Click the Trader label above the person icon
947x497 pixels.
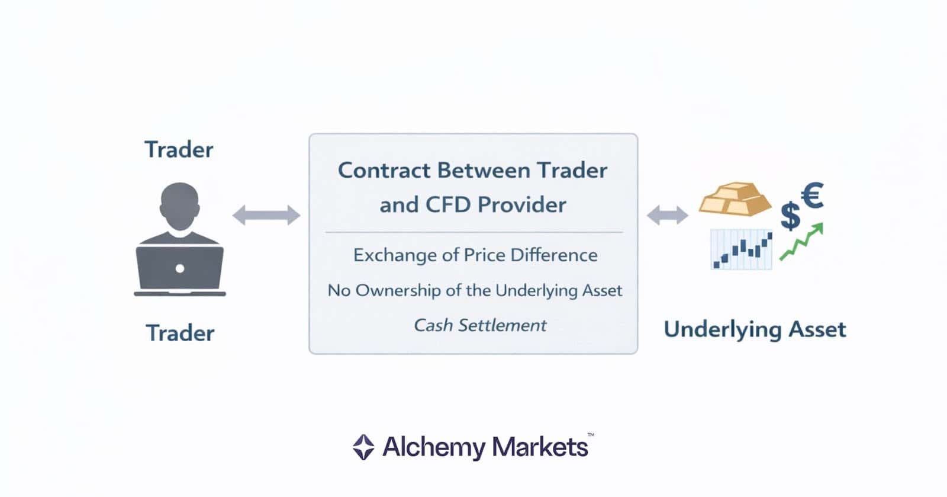click(x=179, y=150)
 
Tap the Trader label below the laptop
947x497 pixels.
click(x=180, y=333)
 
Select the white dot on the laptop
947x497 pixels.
click(x=180, y=268)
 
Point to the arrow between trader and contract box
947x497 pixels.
click(x=266, y=215)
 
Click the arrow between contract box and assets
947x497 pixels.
click(x=667, y=215)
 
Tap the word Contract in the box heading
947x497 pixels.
click(x=384, y=171)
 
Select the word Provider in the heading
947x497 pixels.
click(x=522, y=205)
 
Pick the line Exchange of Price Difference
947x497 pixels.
click(x=475, y=255)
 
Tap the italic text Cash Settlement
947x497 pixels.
click(x=480, y=325)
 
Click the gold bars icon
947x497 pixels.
click(x=735, y=199)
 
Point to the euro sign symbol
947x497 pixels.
click(x=812, y=196)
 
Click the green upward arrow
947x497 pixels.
click(x=802, y=241)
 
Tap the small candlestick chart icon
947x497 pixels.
click(x=742, y=249)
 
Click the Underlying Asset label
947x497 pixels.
click(x=755, y=329)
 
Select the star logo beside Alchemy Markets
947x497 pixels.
click(x=363, y=447)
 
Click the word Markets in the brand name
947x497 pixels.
click(x=540, y=447)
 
